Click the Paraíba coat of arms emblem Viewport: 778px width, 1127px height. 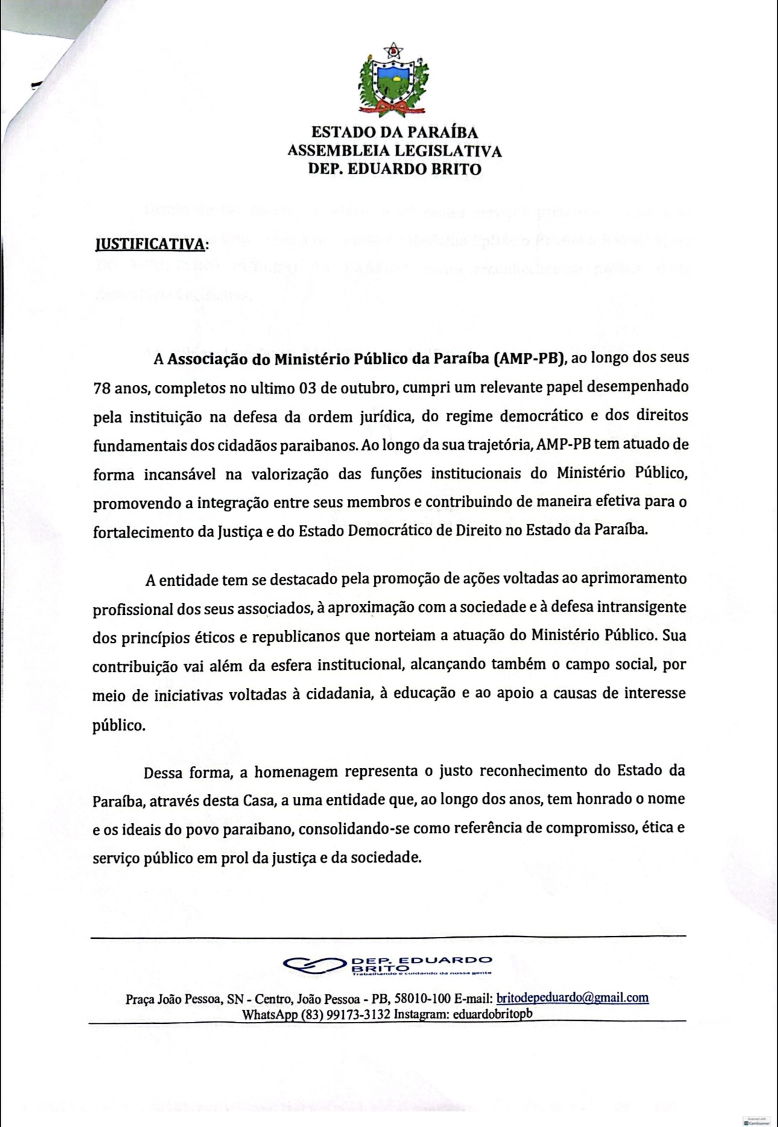(393, 80)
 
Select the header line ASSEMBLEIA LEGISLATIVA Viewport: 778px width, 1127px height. (394, 150)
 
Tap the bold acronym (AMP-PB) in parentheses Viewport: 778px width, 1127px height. (529, 359)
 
